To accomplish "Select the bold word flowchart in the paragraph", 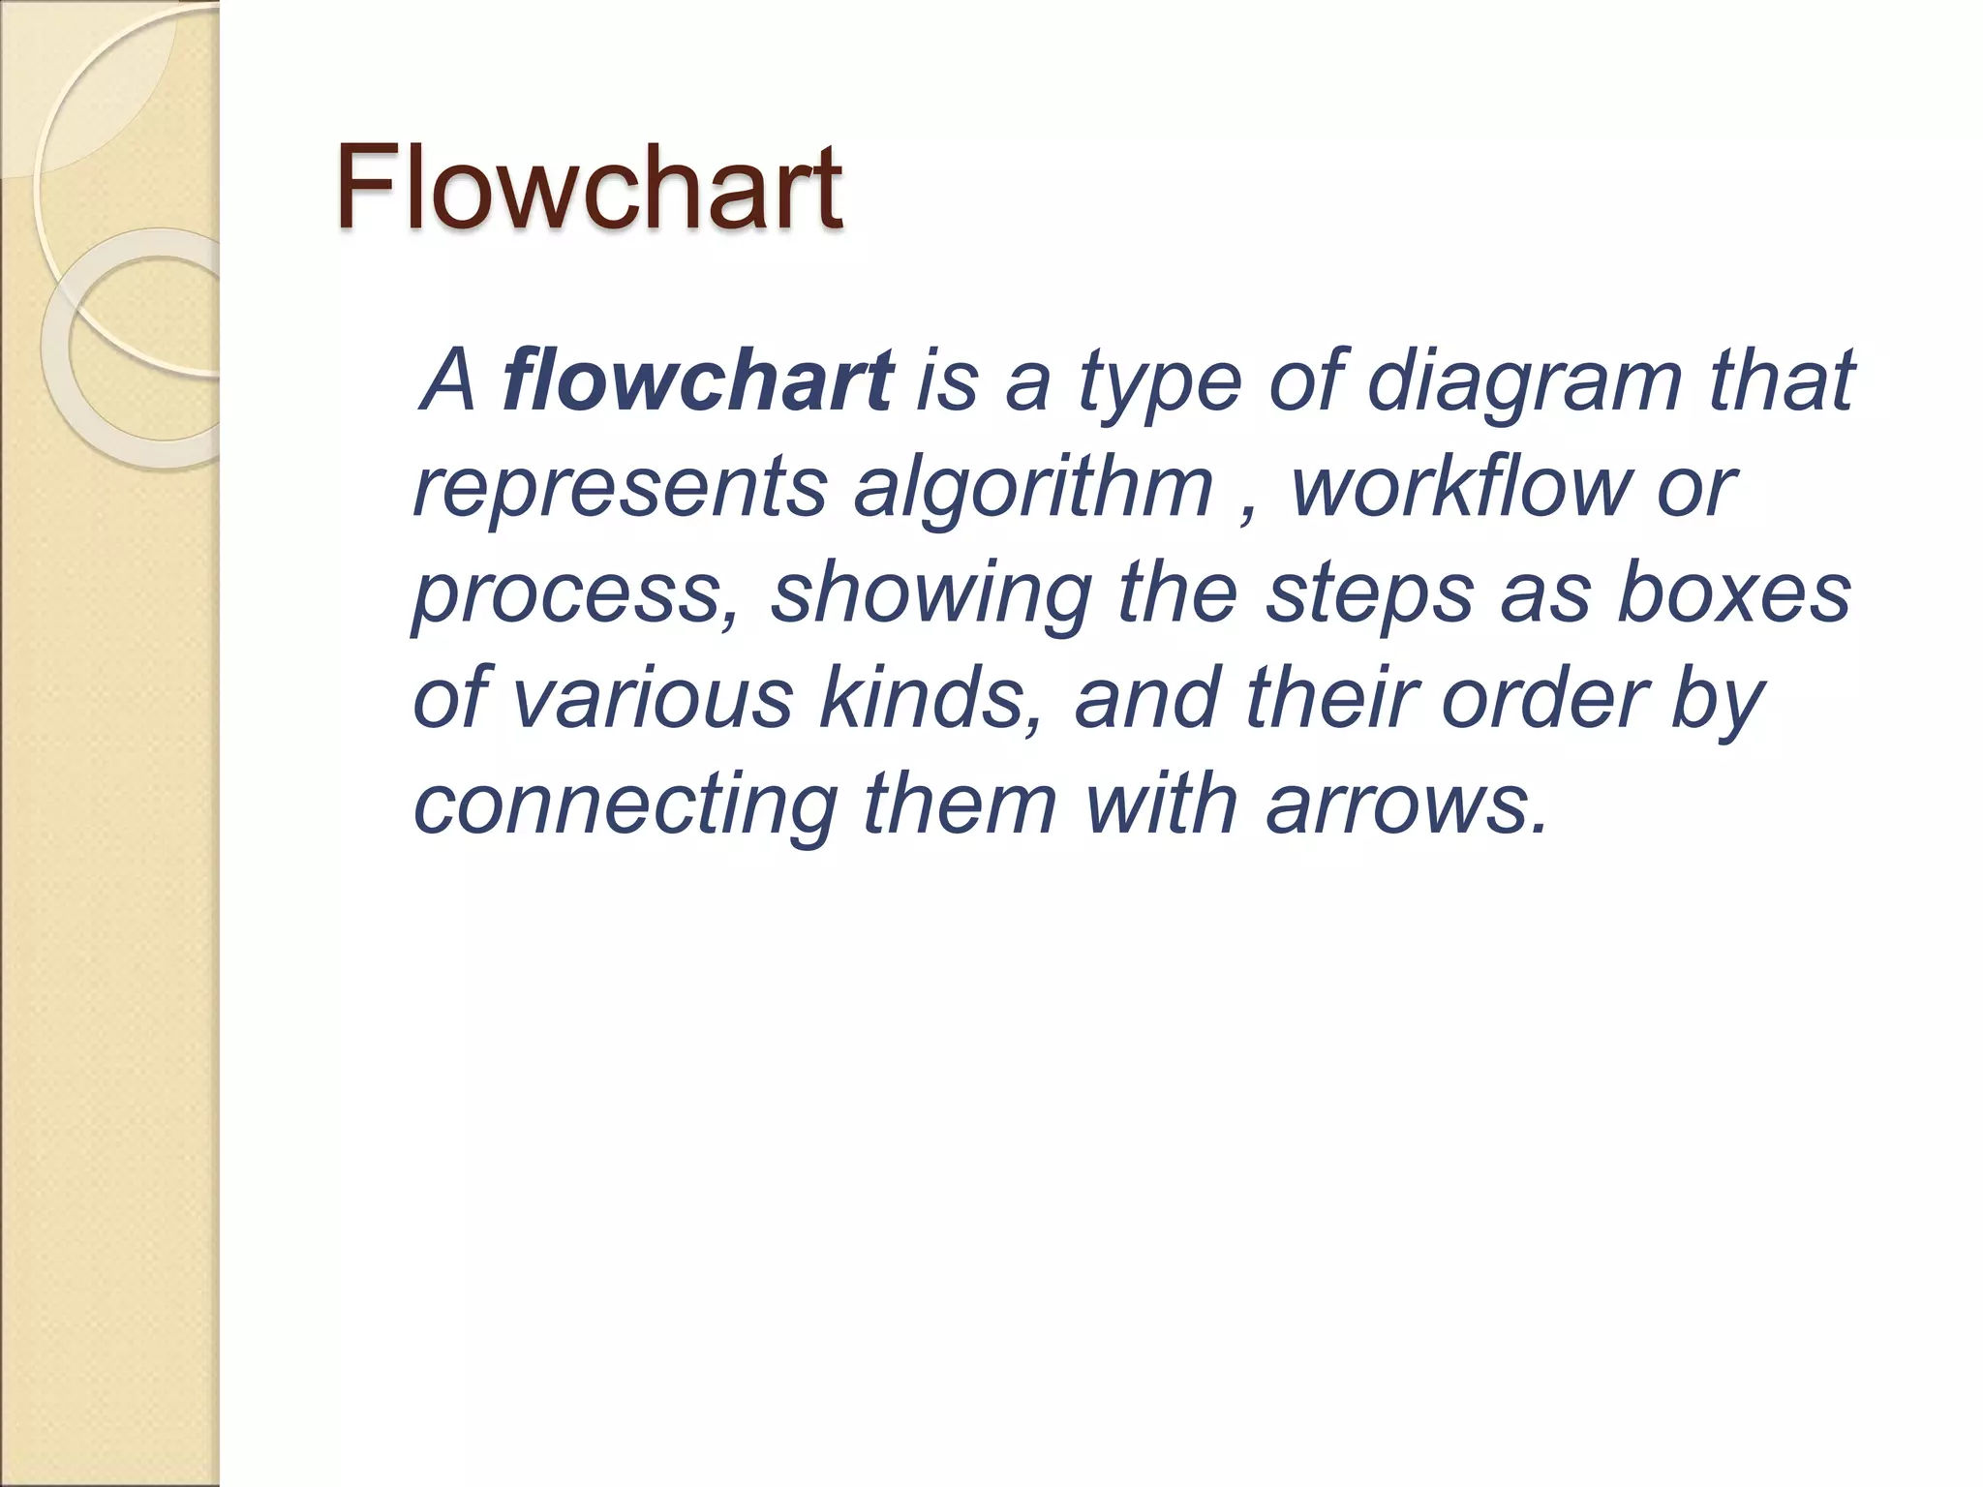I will tap(697, 380).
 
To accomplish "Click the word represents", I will tap(620, 487).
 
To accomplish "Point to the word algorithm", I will tap(1033, 487).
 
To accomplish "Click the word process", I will tap(571, 593).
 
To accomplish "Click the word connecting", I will tap(625, 805).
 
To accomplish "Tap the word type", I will tap(1160, 380).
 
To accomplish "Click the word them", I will tap(960, 805).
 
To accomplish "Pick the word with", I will tap(1160, 805).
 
